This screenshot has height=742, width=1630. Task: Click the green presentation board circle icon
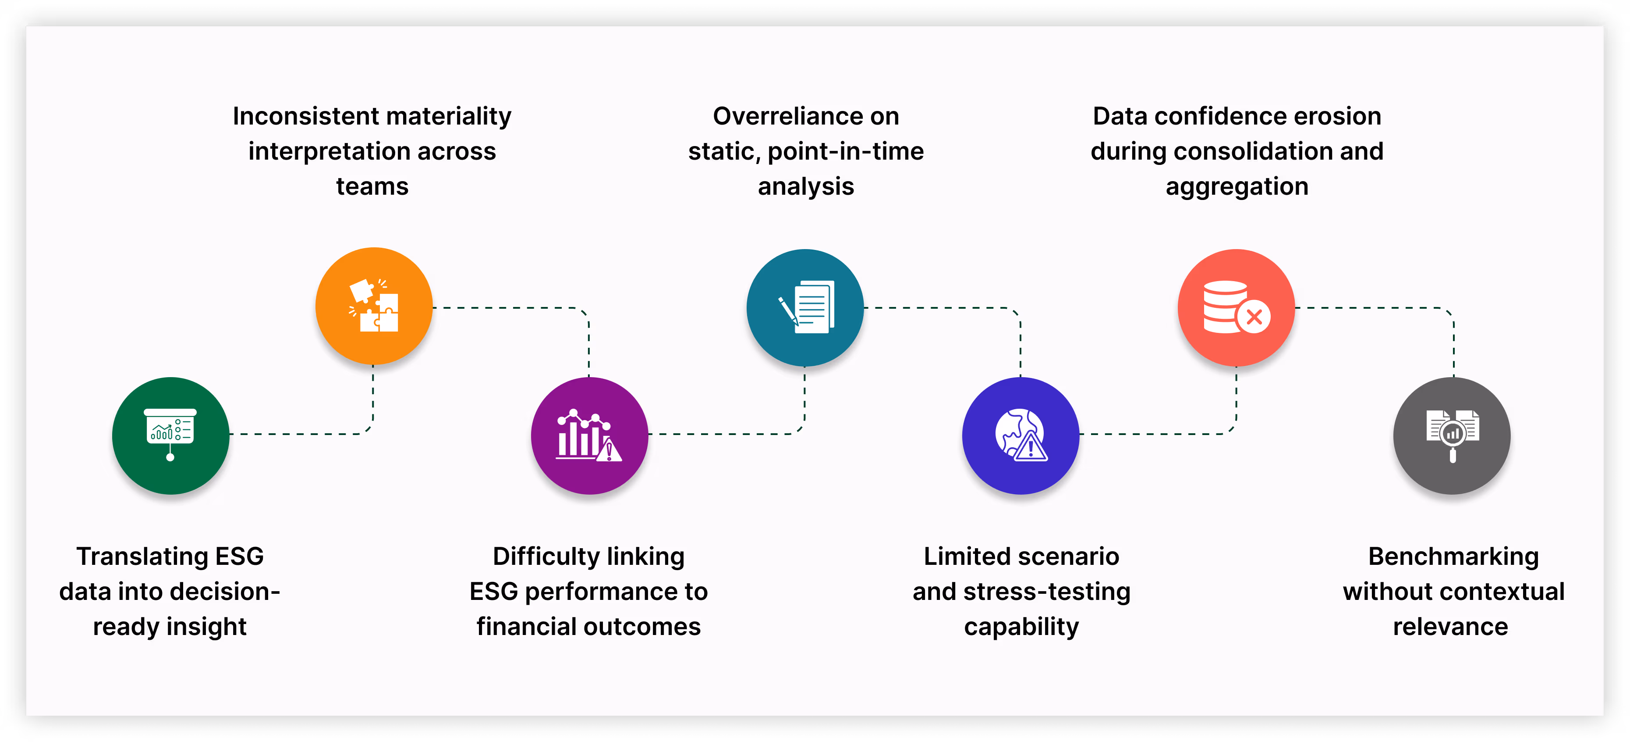170,435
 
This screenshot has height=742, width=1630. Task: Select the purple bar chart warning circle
589,435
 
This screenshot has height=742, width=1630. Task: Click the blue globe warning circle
1021,435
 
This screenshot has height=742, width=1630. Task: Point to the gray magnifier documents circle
1452,435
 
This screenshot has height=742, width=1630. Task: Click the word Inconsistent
306,117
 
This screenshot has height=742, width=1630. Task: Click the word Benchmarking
1453,556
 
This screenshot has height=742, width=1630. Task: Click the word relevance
1450,627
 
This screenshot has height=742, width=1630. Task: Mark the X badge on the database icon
1254,317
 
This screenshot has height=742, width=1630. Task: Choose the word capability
1021,627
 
